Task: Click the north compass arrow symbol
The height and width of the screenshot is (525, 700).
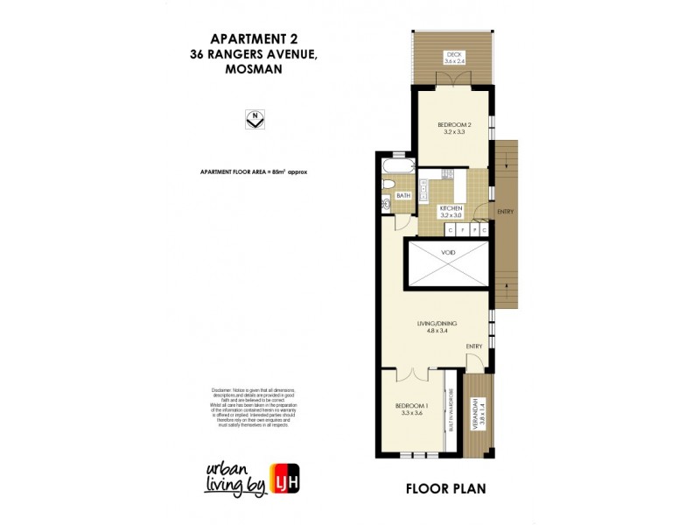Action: (254, 120)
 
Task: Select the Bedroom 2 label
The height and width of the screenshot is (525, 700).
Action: (454, 128)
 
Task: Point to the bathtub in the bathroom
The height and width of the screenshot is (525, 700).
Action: (397, 164)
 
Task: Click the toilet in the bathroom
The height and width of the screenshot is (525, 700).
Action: (388, 184)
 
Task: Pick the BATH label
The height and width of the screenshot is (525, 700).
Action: (403, 196)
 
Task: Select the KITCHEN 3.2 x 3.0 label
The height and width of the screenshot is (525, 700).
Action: (456, 211)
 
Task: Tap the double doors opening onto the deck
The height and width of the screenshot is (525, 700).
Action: (454, 79)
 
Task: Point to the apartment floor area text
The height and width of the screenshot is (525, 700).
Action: (254, 172)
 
